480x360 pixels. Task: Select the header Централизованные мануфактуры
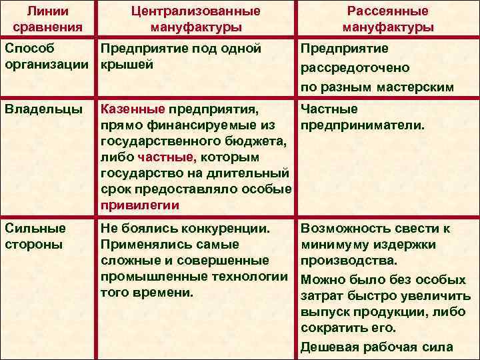[x=195, y=19]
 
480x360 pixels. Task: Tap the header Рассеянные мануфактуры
[x=388, y=19]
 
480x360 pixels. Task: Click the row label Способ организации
[x=47, y=57]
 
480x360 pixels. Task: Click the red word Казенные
[x=132, y=109]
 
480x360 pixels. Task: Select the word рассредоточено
[x=355, y=68]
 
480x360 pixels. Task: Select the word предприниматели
[x=363, y=125]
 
